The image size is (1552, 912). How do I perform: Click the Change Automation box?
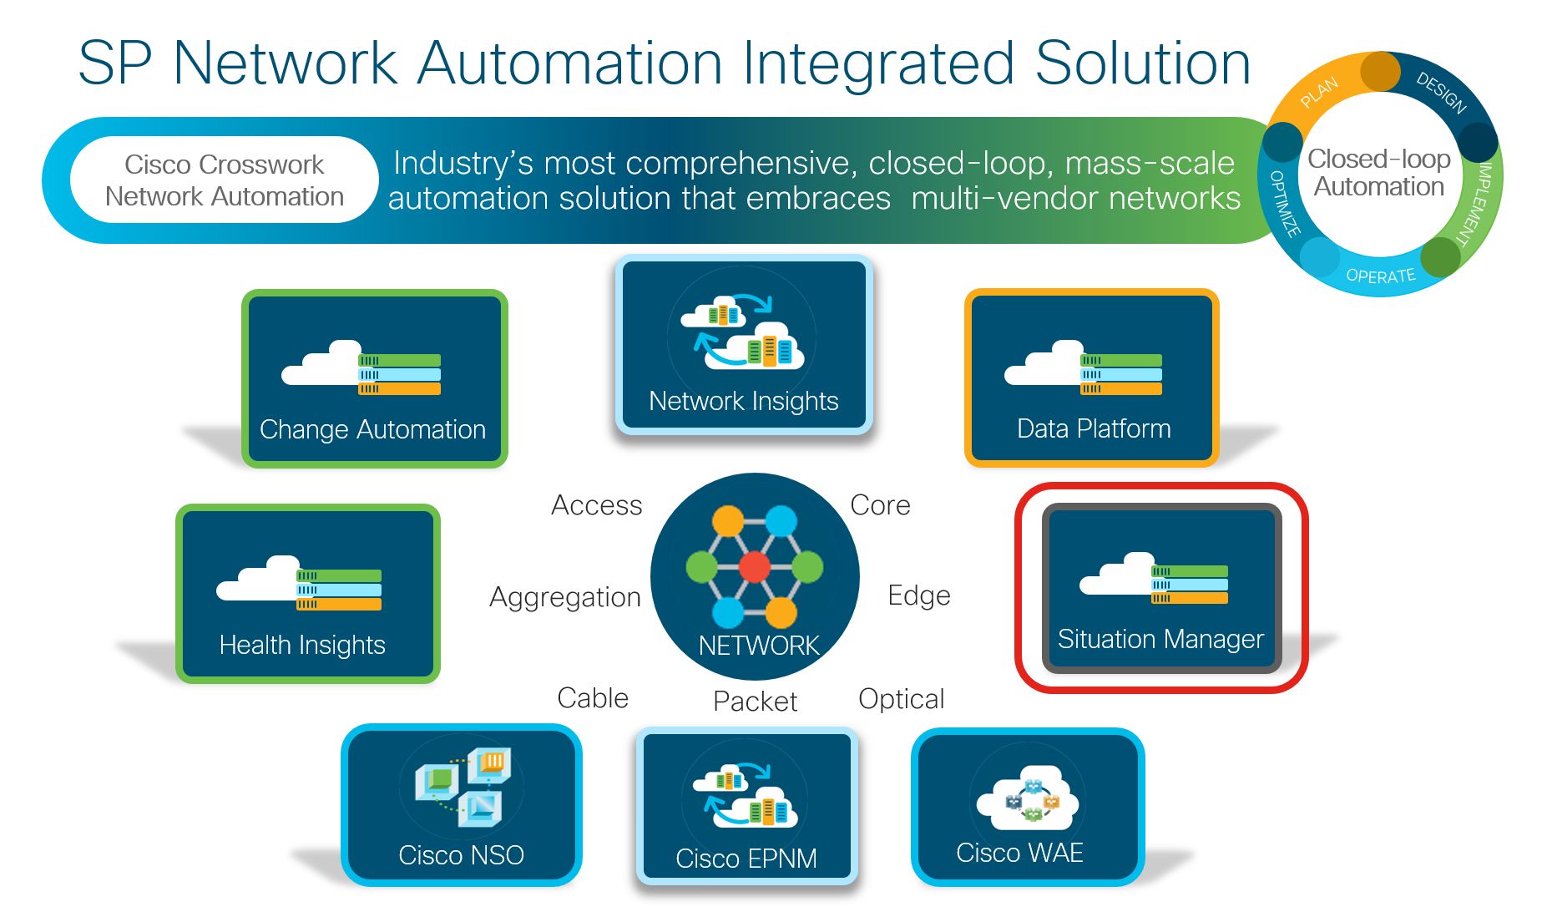point(375,379)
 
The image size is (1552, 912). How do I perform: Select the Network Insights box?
point(744,345)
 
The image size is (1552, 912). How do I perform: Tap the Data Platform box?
point(1092,378)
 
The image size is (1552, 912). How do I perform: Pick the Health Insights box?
point(308,594)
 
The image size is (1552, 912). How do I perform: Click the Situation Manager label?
point(1160,639)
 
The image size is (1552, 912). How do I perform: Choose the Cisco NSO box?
point(462,805)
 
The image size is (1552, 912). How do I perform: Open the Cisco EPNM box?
point(747,806)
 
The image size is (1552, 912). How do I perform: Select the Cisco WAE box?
point(1028,807)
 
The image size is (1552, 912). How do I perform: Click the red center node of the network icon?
point(754,567)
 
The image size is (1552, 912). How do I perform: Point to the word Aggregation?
point(565,597)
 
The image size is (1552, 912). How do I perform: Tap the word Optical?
point(902,699)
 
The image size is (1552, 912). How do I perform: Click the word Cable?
point(593,698)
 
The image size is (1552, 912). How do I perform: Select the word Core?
point(880,505)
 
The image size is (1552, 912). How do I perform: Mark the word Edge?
point(919,595)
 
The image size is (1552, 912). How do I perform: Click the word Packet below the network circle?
point(755,702)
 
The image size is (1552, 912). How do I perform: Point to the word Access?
point(597,505)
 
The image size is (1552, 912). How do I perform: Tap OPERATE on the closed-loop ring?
point(1381,276)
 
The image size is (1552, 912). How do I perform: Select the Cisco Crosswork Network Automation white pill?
point(225,180)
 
